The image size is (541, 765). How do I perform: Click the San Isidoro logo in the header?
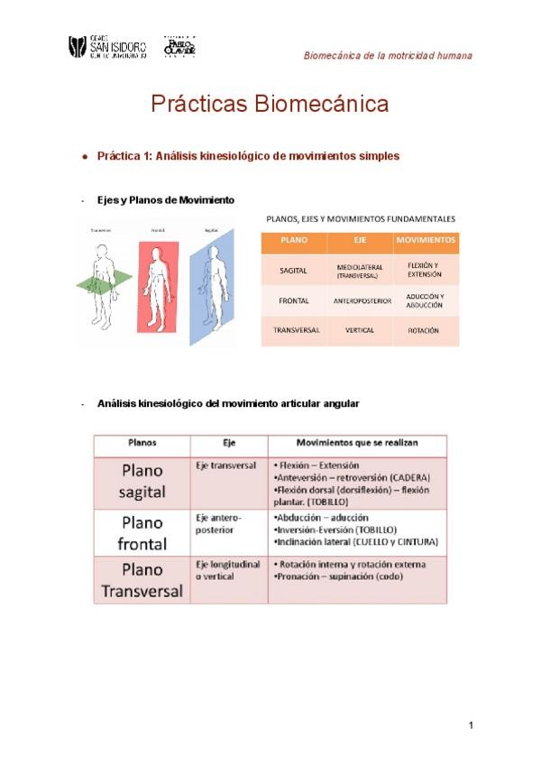[x=107, y=46]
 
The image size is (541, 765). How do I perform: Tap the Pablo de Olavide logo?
[x=179, y=47]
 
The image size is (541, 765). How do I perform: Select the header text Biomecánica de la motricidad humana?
[x=388, y=55]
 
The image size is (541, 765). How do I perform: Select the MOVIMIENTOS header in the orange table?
[x=426, y=242]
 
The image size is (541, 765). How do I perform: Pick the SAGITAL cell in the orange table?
[x=295, y=269]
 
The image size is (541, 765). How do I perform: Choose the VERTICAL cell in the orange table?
[x=360, y=331]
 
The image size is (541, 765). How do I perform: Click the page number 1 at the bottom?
[x=471, y=725]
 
